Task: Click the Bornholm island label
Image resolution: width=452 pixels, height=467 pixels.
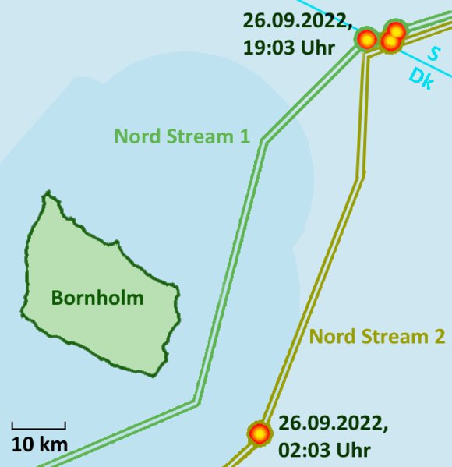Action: click(x=97, y=297)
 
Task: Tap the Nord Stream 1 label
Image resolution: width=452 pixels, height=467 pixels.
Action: click(x=182, y=136)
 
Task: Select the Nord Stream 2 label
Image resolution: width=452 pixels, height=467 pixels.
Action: click(x=377, y=337)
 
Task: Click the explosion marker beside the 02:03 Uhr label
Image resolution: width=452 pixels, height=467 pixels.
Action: click(x=259, y=432)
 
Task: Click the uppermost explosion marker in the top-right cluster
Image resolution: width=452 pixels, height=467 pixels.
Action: click(x=396, y=31)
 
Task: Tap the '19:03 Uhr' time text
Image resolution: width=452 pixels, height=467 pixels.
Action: click(x=288, y=48)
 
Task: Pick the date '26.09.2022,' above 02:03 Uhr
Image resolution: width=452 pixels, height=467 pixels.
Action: click(x=333, y=424)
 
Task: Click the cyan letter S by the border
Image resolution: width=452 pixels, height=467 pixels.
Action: click(x=434, y=53)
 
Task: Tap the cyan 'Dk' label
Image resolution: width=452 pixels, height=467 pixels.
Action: click(x=422, y=79)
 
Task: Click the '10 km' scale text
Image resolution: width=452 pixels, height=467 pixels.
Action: click(x=39, y=445)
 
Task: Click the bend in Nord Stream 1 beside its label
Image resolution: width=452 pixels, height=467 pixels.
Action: click(x=264, y=142)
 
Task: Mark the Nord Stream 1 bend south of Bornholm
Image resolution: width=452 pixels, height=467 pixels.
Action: click(x=196, y=403)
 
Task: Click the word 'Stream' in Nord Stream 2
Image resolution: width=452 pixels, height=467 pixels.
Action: click(x=388, y=337)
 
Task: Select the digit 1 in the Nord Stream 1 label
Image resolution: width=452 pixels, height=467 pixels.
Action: click(x=244, y=136)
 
